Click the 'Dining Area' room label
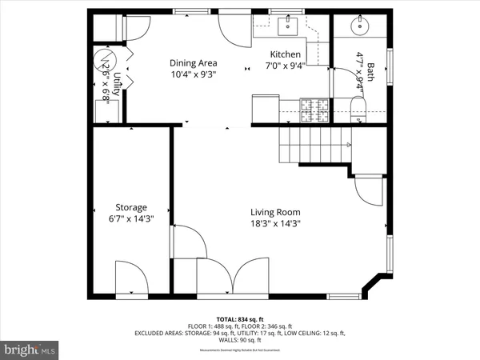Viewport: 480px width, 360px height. (x=193, y=63)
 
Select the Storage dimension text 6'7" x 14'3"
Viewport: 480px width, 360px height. (x=130, y=218)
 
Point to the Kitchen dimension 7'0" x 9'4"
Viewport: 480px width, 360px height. (x=285, y=66)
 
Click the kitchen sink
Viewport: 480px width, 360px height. (x=289, y=27)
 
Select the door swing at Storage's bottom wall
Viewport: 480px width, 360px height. (x=131, y=278)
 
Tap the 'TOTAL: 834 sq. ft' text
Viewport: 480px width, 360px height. (x=239, y=318)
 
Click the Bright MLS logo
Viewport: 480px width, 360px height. (x=30, y=350)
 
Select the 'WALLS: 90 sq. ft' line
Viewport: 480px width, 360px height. (x=239, y=340)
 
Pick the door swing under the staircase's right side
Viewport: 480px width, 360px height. (x=369, y=192)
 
